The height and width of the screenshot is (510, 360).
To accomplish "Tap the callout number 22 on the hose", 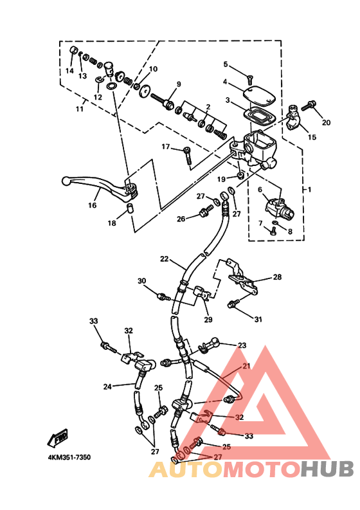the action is [x=165, y=259].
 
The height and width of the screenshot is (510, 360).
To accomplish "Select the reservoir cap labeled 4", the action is [x=259, y=95].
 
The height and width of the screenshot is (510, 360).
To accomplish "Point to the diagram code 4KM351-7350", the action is [x=69, y=457].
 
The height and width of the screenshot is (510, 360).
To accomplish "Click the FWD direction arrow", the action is [x=59, y=438].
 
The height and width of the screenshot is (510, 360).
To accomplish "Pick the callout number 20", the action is [x=326, y=122].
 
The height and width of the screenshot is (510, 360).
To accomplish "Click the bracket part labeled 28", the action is [x=242, y=277].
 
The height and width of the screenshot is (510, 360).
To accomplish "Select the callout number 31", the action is [x=258, y=320].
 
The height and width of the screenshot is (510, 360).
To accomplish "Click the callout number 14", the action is [x=69, y=71].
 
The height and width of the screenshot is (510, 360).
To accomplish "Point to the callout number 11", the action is [x=80, y=109].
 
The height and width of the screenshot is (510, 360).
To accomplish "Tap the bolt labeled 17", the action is [x=188, y=155].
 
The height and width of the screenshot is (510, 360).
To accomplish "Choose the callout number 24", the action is [x=107, y=387].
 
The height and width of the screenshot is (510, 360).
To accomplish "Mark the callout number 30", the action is [x=142, y=280].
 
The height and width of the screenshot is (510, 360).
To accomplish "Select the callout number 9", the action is [x=179, y=84].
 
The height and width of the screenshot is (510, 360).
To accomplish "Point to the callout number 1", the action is [x=309, y=189].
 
